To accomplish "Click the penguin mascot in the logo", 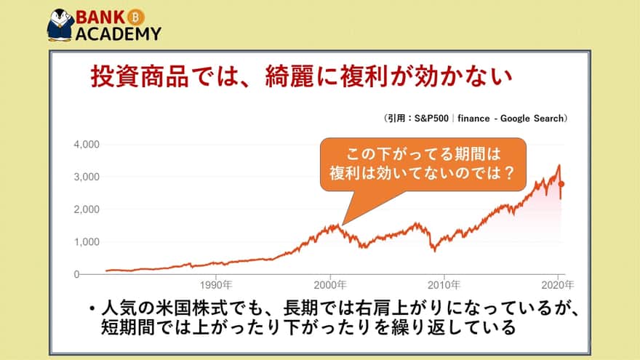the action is click(x=60, y=25).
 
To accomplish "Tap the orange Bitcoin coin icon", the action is click(x=135, y=17).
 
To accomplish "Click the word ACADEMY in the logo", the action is click(x=119, y=34).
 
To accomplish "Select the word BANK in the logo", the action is click(x=100, y=17).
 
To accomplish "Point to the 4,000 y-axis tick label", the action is click(x=87, y=145).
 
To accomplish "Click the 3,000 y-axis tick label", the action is click(x=87, y=177).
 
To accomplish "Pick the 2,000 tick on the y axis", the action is click(x=87, y=209).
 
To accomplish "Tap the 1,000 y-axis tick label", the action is click(x=87, y=242).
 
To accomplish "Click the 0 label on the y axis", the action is click(x=77, y=274).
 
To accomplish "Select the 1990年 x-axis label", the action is click(x=216, y=285).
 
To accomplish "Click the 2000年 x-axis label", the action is click(x=329, y=285).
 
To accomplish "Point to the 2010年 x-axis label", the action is click(x=444, y=285).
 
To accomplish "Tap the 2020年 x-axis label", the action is click(x=558, y=285).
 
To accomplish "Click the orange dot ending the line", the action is click(x=561, y=184).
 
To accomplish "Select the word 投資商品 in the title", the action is click(x=140, y=76).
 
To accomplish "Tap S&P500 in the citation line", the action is click(x=431, y=119).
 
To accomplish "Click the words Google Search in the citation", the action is click(x=532, y=119).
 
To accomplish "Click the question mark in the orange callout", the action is click(x=508, y=173).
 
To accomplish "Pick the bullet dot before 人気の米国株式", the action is click(x=92, y=308).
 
